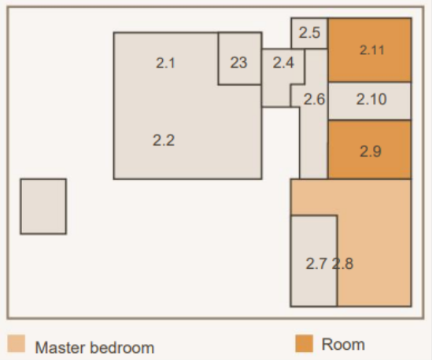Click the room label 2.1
(165, 63)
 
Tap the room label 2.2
(164, 141)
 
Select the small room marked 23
(240, 58)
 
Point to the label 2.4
(283, 62)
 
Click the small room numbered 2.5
(309, 33)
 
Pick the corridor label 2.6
(314, 99)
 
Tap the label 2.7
(317, 263)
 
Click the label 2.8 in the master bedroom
(342, 263)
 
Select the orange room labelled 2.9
(370, 149)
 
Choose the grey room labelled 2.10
(370, 101)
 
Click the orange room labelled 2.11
(370, 50)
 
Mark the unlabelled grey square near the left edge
(43, 207)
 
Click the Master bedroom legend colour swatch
(17, 343)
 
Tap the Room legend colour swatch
(305, 343)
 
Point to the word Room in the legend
(343, 344)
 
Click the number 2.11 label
(372, 50)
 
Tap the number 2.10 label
(371, 99)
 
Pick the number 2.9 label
(371, 152)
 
